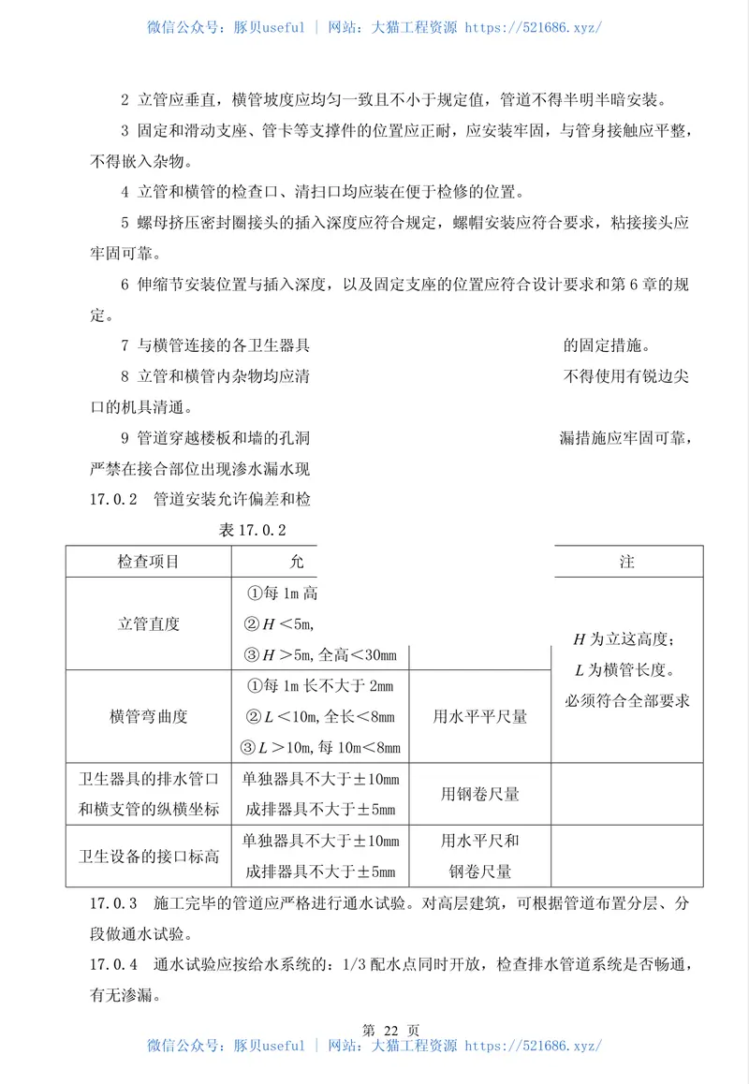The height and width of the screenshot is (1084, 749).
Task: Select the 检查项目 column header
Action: click(148, 562)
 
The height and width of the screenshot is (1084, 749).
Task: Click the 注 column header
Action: click(626, 562)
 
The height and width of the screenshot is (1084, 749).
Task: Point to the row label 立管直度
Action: click(148, 623)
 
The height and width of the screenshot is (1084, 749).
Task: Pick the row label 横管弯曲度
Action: click(148, 716)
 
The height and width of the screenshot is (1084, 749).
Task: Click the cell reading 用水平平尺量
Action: click(479, 716)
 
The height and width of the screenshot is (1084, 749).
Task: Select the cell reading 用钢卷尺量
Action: click(479, 794)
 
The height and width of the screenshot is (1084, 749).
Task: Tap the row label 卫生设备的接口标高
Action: click(148, 856)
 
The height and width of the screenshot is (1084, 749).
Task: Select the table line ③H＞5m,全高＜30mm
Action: click(319, 654)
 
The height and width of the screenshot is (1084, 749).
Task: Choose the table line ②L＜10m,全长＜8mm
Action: click(319, 717)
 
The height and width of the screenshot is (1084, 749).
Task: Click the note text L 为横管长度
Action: click(626, 670)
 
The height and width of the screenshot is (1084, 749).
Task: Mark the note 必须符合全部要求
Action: click(626, 701)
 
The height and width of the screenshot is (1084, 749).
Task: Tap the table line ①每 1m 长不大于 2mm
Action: click(319, 686)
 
